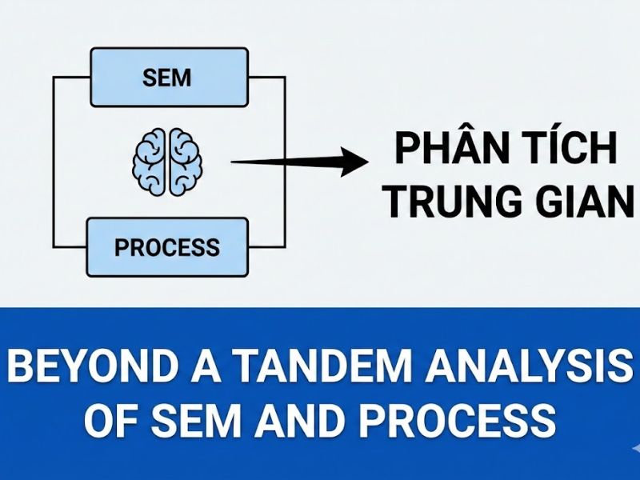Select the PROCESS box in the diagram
[x=166, y=247]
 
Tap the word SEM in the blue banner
[x=205, y=421]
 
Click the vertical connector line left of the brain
[x=54, y=161]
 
